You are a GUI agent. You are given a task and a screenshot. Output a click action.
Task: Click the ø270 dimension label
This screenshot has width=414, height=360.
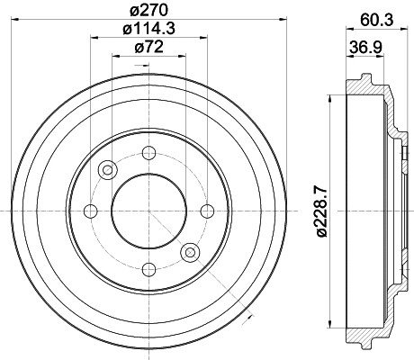click(149, 12)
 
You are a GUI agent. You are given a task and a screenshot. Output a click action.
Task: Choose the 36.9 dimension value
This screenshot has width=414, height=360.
click(362, 48)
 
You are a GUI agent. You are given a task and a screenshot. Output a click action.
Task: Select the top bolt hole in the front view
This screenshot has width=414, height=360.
click(148, 153)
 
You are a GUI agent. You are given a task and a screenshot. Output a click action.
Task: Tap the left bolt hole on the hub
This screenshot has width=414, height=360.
click(90, 211)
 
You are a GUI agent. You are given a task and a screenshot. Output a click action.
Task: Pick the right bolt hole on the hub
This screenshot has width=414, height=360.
click(207, 211)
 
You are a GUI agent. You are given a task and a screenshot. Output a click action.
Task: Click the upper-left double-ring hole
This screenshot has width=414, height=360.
click(109, 169)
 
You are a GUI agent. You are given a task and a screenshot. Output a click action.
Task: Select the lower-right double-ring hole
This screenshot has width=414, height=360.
click(189, 253)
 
